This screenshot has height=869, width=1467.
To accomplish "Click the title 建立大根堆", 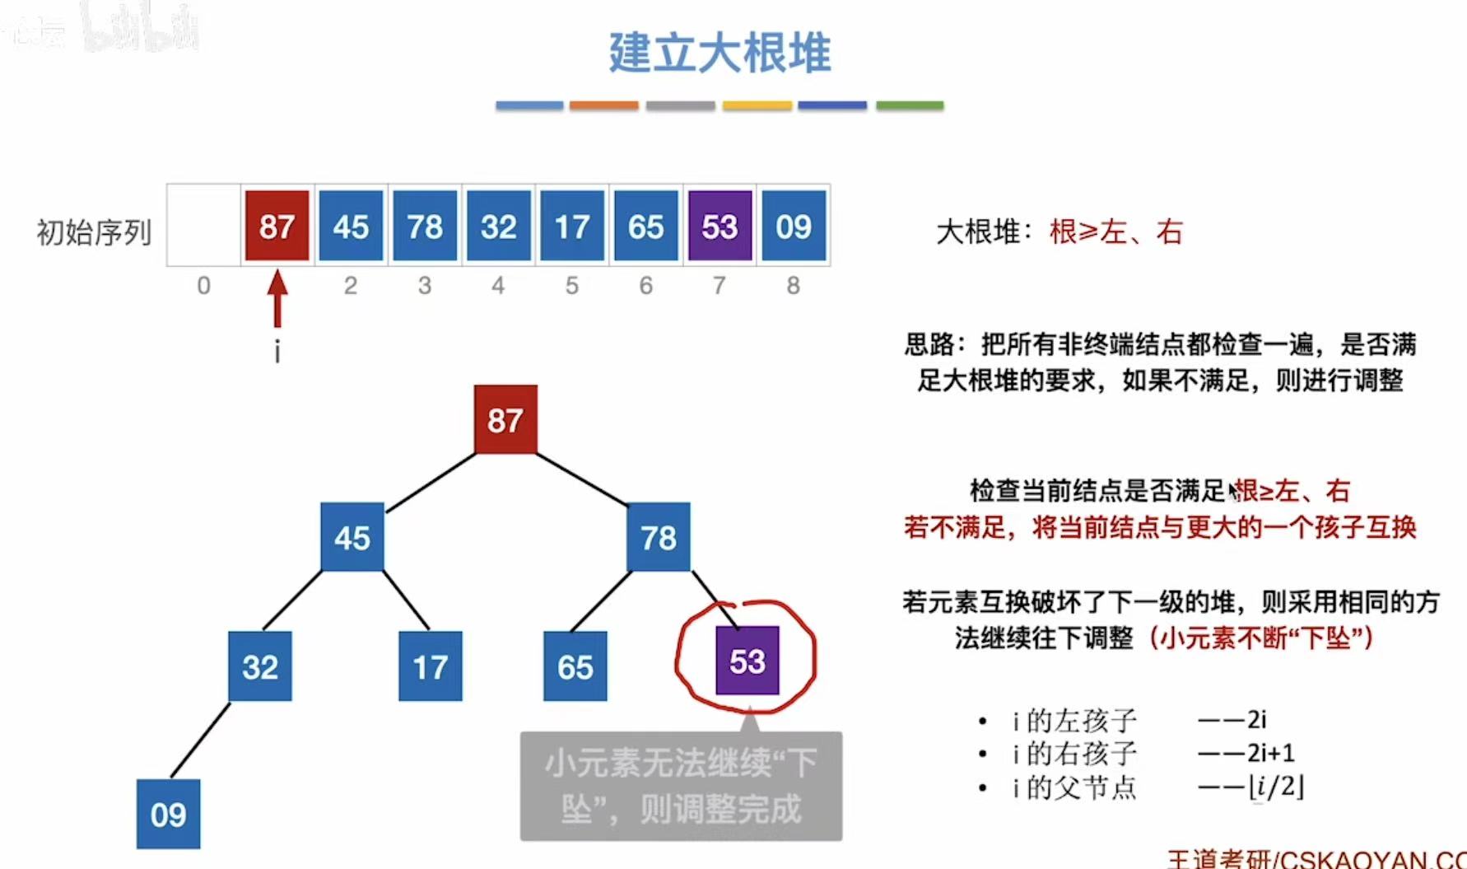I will click(x=720, y=53).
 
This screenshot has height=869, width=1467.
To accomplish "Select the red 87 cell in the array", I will click(x=277, y=227).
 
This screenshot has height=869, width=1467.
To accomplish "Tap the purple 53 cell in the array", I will click(x=720, y=227).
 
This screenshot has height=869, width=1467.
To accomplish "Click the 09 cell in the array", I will click(x=793, y=227).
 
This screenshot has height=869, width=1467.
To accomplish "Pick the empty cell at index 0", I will click(x=203, y=227).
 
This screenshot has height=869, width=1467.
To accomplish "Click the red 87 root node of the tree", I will click(x=505, y=420).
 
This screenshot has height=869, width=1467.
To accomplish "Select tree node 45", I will click(x=352, y=537).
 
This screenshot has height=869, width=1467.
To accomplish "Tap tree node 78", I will click(x=658, y=537).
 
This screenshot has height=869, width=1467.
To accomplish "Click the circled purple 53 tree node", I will click(x=747, y=661).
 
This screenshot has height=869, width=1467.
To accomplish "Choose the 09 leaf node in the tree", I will click(x=168, y=814).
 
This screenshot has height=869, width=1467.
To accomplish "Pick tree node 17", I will click(x=430, y=666).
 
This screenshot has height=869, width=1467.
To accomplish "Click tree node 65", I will click(x=575, y=666).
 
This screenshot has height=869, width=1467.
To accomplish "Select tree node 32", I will click(x=260, y=666).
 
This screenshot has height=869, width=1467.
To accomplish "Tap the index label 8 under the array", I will click(x=793, y=286).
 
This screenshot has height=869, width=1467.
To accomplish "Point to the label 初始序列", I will click(x=94, y=232).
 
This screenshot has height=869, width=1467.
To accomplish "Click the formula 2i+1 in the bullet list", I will click(x=1270, y=753).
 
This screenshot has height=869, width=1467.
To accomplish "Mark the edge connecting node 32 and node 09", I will click(x=200, y=739).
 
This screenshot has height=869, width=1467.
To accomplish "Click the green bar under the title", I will click(x=909, y=105).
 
